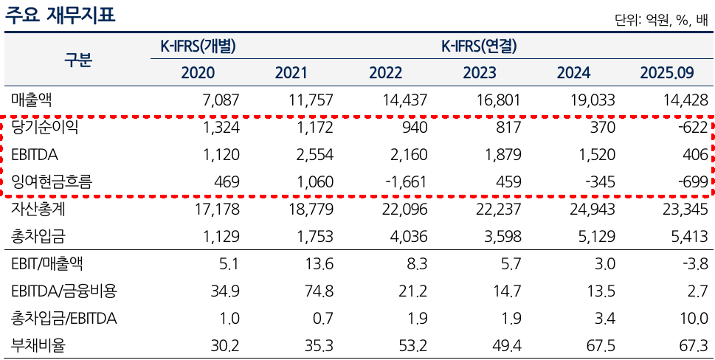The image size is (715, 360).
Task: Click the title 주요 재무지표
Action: tap(61, 15)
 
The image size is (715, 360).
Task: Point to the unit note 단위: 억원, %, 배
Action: tap(661, 21)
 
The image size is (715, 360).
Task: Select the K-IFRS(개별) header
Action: tap(198, 46)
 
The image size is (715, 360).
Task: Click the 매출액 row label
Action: tap(32, 100)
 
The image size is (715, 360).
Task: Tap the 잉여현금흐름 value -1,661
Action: tap(404, 181)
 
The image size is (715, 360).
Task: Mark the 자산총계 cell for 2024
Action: tap(593, 210)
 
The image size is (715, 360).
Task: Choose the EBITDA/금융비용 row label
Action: tap(64, 291)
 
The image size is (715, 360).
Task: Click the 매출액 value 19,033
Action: tap(593, 100)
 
